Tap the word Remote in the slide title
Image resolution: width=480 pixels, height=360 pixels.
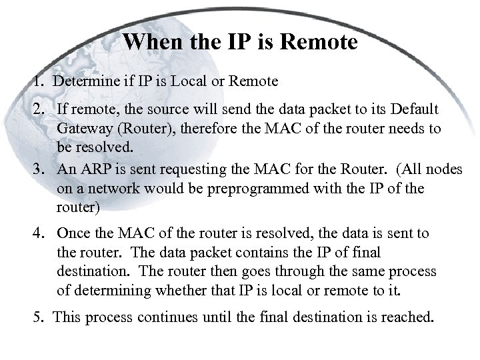pyautogui.click(x=319, y=43)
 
